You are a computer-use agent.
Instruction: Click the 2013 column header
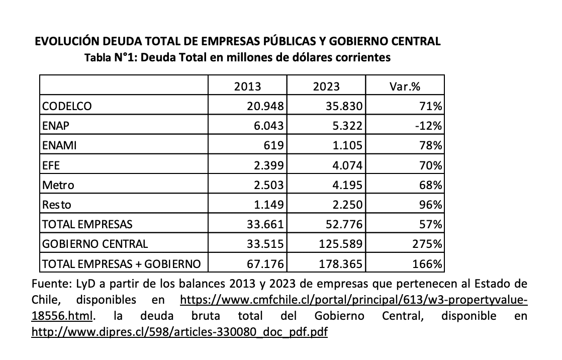coord(248,86)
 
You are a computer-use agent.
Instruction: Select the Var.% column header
coord(405,86)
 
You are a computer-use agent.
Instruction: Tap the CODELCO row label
coord(67,107)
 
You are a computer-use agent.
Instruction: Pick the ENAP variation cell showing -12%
coord(428,126)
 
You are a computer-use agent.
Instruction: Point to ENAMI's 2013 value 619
coord(276,146)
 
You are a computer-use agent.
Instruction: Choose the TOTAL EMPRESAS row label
coord(87,224)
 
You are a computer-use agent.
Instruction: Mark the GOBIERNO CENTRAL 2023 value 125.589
coord(341,244)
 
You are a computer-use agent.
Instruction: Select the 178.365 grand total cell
coord(341,263)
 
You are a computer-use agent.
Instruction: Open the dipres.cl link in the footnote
coord(179,332)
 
